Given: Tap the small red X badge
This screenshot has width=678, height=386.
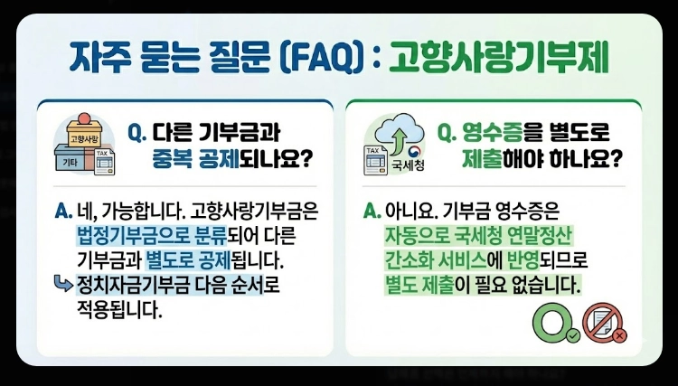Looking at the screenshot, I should pyautogui.click(x=619, y=336).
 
